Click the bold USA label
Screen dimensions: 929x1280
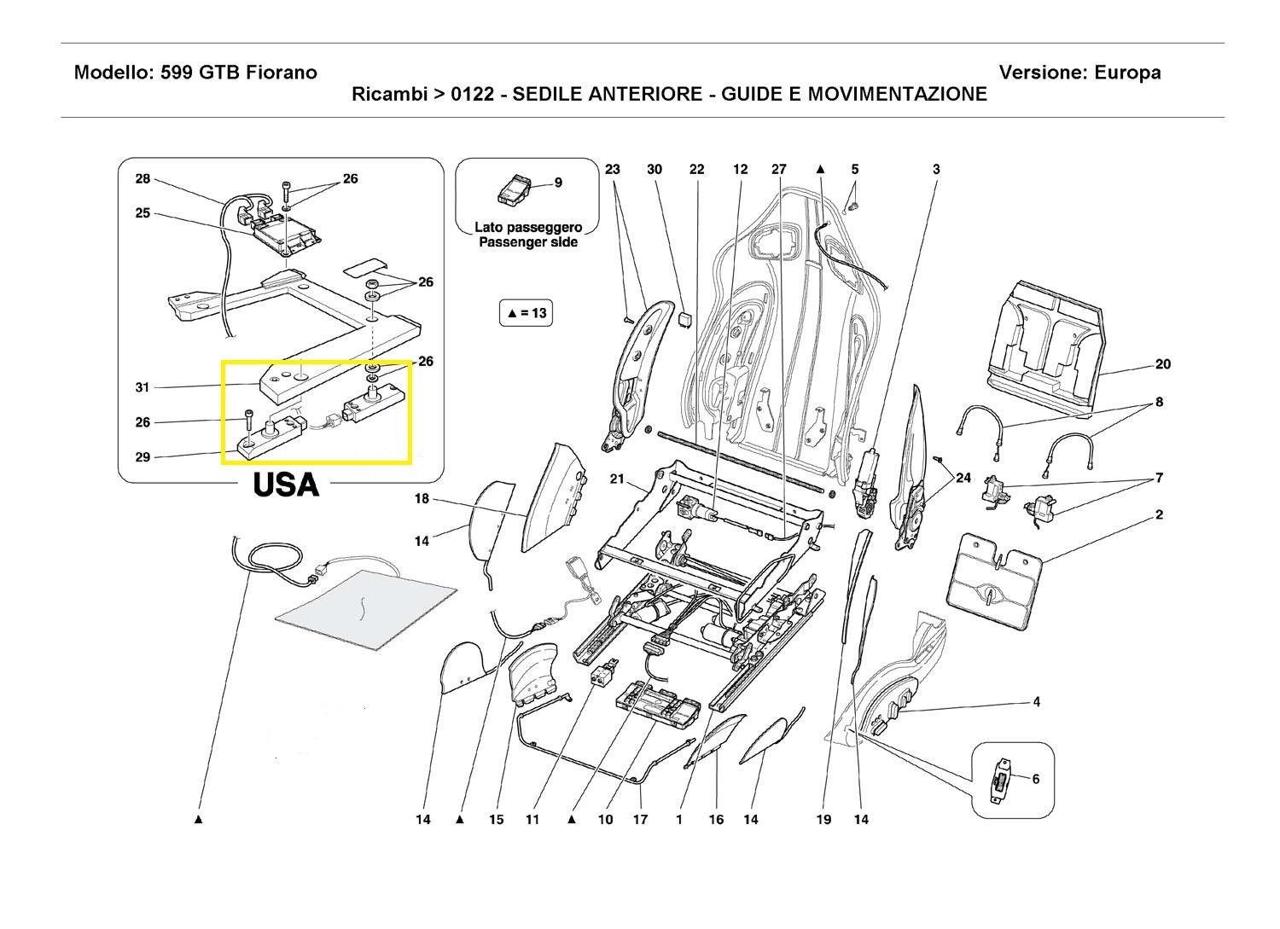coord(286,485)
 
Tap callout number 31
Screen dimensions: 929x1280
coord(142,387)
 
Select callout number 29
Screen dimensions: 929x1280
coord(142,457)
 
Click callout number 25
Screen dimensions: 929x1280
coord(142,213)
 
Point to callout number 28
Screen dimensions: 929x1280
coord(142,179)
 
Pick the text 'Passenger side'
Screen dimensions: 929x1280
coord(527,242)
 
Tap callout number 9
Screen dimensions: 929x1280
coord(558,183)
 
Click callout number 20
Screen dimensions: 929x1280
coord(1162,364)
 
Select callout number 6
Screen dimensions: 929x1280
coord(1036,779)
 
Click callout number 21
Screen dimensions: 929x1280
coord(617,479)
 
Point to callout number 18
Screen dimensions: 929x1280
coord(422,499)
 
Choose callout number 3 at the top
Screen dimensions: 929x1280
coord(936,169)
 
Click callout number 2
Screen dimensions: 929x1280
coord(1159,515)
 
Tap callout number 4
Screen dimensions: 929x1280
coord(1036,702)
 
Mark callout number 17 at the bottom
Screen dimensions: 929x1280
coord(641,820)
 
